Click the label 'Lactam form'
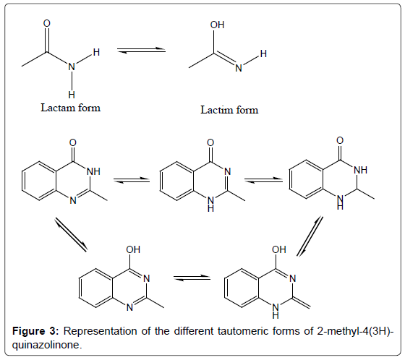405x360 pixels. [71, 108]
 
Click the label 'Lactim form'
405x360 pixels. [229, 110]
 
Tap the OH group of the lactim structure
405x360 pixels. [217, 25]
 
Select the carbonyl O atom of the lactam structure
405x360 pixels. [47, 23]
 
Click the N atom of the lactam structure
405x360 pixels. [72, 67]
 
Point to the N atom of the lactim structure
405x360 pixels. [239, 68]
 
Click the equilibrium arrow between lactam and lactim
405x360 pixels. [141, 50]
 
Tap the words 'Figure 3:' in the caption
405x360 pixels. [36, 331]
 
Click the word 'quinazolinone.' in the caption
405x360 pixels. [47, 345]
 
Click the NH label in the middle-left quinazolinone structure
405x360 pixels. [93, 171]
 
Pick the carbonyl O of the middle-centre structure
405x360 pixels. [210, 142]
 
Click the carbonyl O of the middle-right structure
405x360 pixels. [340, 140]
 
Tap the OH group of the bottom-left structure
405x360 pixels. [133, 249]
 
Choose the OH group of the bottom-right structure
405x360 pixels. [279, 249]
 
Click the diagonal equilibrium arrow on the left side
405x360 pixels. [71, 234]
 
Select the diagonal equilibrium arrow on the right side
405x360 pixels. [310, 236]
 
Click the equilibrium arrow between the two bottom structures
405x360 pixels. [192, 278]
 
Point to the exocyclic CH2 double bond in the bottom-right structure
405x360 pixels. [301, 303]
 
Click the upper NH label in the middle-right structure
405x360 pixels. [361, 170]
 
